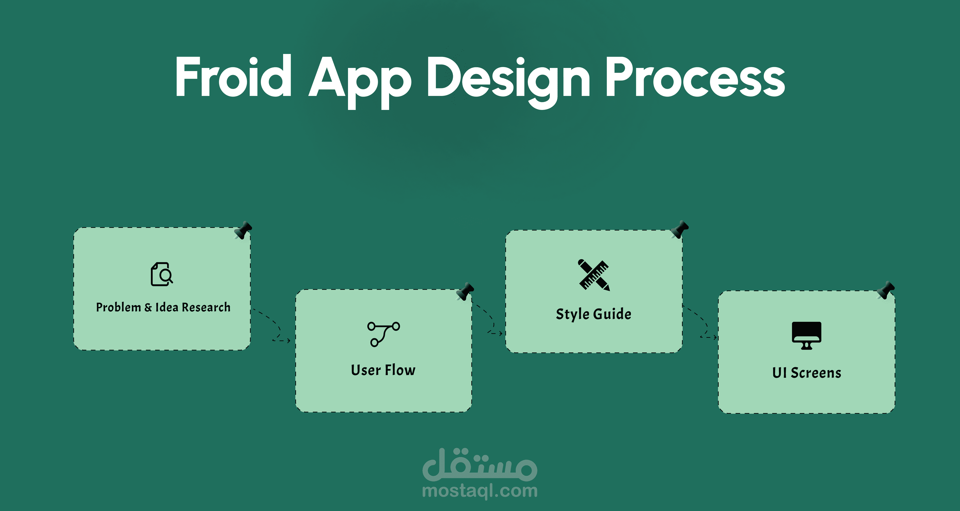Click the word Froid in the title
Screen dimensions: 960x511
tap(234, 76)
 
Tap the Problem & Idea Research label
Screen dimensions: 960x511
tap(163, 307)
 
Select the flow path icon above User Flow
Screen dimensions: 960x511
tap(384, 334)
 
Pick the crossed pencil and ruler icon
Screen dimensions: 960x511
tap(594, 275)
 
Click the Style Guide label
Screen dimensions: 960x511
tap(594, 314)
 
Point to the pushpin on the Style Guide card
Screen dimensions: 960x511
tap(679, 229)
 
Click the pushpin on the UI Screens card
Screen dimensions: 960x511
tap(886, 290)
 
